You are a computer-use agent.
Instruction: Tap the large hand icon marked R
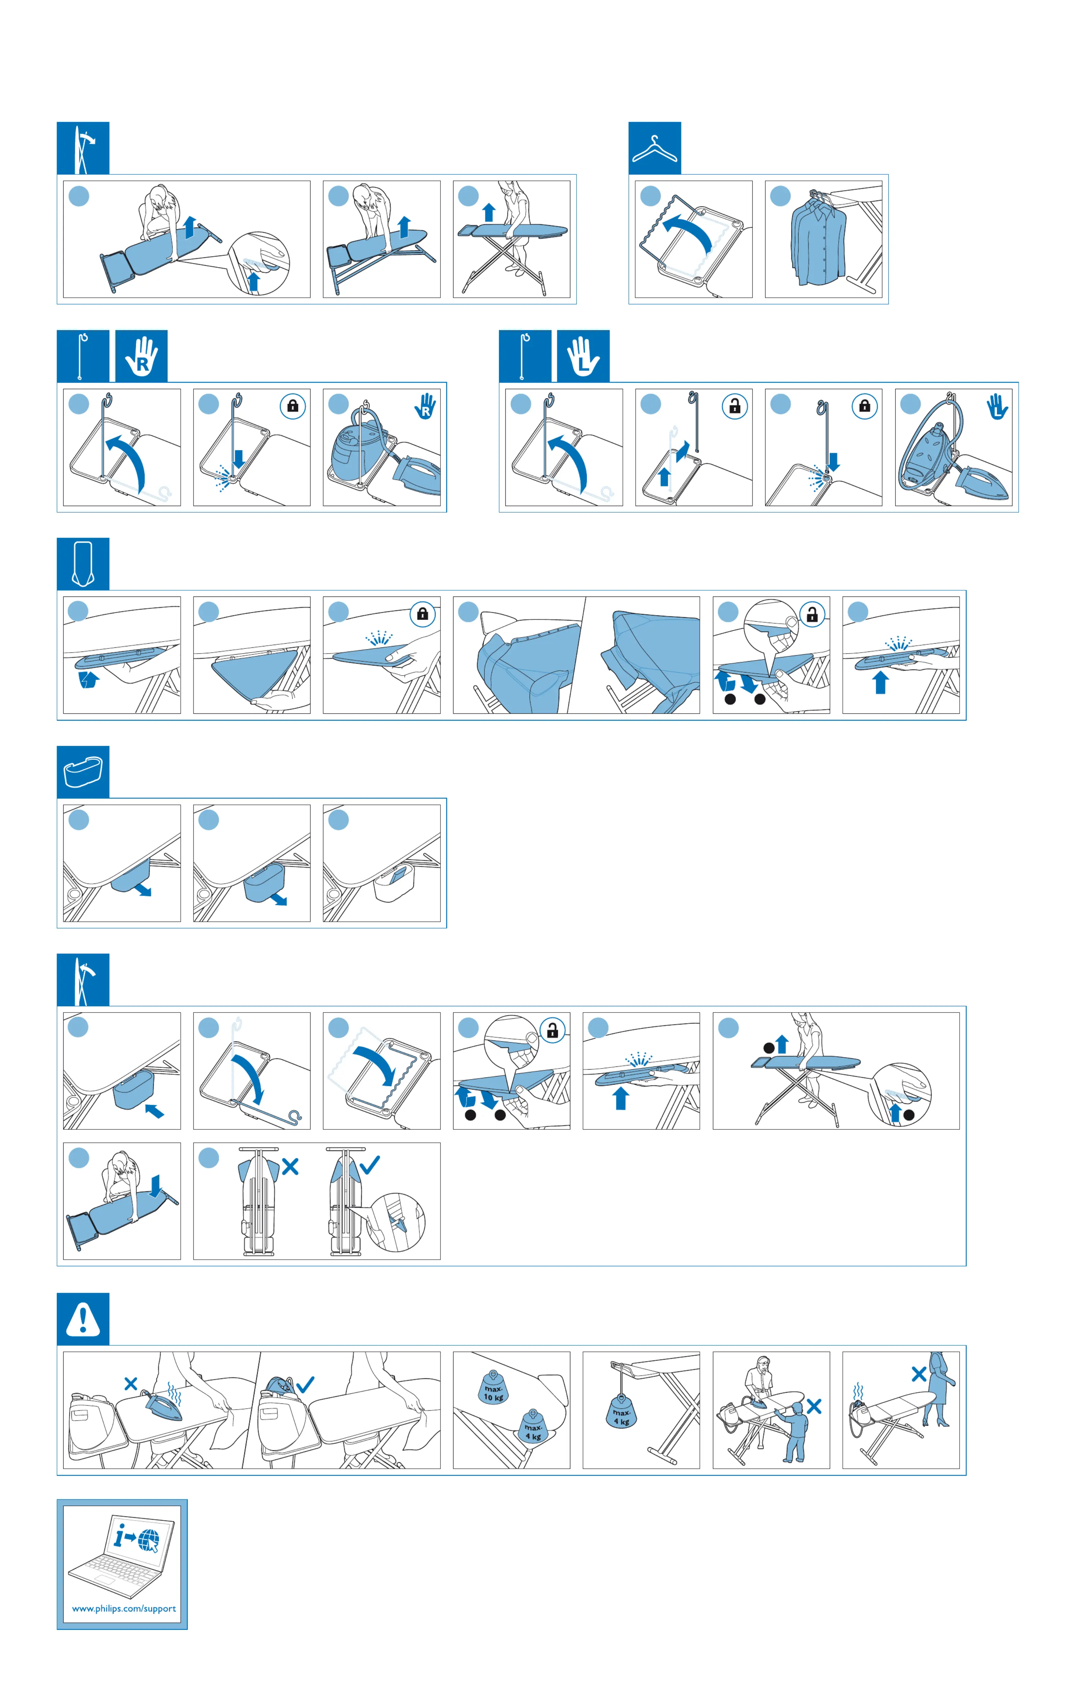point(142,357)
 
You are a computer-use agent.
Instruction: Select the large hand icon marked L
point(583,357)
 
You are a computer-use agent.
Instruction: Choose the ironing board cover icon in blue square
point(83,564)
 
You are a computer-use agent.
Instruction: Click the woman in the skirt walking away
point(939,1388)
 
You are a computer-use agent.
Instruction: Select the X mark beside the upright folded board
point(290,1166)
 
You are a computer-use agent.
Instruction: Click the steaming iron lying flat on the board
point(164,1402)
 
